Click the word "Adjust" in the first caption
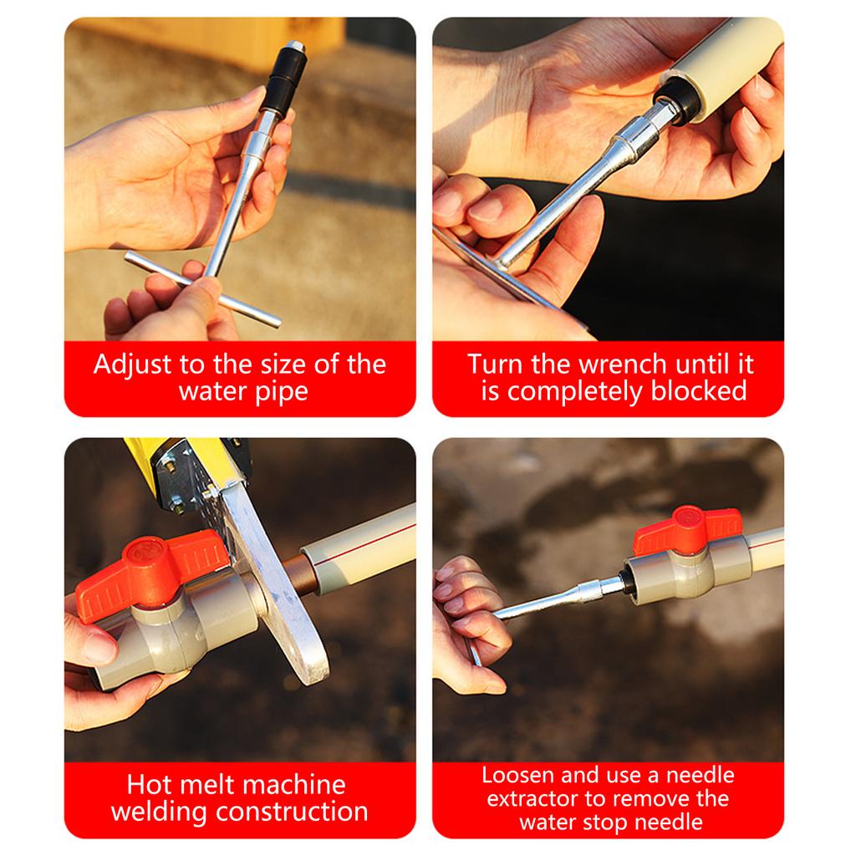pos(129,366)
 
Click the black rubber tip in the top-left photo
pos(283,79)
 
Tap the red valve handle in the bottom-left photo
pos(150,573)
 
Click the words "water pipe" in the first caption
pos(242,391)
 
